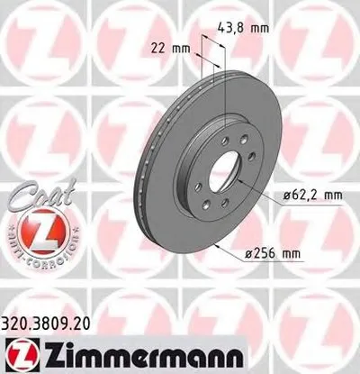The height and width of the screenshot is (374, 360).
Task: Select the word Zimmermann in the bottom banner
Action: point(125,352)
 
